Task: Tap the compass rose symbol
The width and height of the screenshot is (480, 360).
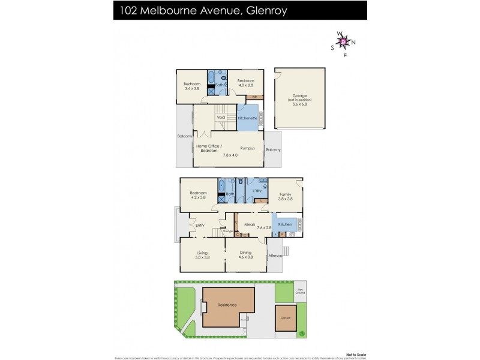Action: click(344, 41)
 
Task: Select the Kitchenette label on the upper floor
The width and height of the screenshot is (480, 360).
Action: click(248, 118)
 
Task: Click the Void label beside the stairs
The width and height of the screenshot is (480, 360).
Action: click(220, 118)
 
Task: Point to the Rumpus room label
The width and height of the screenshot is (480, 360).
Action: click(247, 148)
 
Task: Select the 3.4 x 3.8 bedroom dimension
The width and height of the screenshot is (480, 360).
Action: click(191, 88)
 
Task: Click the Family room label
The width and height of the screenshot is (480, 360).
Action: click(286, 194)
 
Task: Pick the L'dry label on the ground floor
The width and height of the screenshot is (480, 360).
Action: click(257, 191)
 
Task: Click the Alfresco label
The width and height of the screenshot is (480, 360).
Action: click(275, 256)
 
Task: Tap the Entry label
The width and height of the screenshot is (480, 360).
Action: click(200, 225)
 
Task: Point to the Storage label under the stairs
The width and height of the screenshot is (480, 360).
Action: click(227, 231)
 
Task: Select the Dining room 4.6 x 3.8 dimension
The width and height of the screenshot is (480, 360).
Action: click(245, 257)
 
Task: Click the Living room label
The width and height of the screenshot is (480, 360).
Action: click(202, 253)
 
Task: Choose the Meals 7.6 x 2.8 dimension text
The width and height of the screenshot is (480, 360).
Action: click(265, 228)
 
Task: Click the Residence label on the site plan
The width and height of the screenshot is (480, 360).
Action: click(227, 305)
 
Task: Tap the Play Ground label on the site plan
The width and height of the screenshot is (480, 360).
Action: click(300, 292)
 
